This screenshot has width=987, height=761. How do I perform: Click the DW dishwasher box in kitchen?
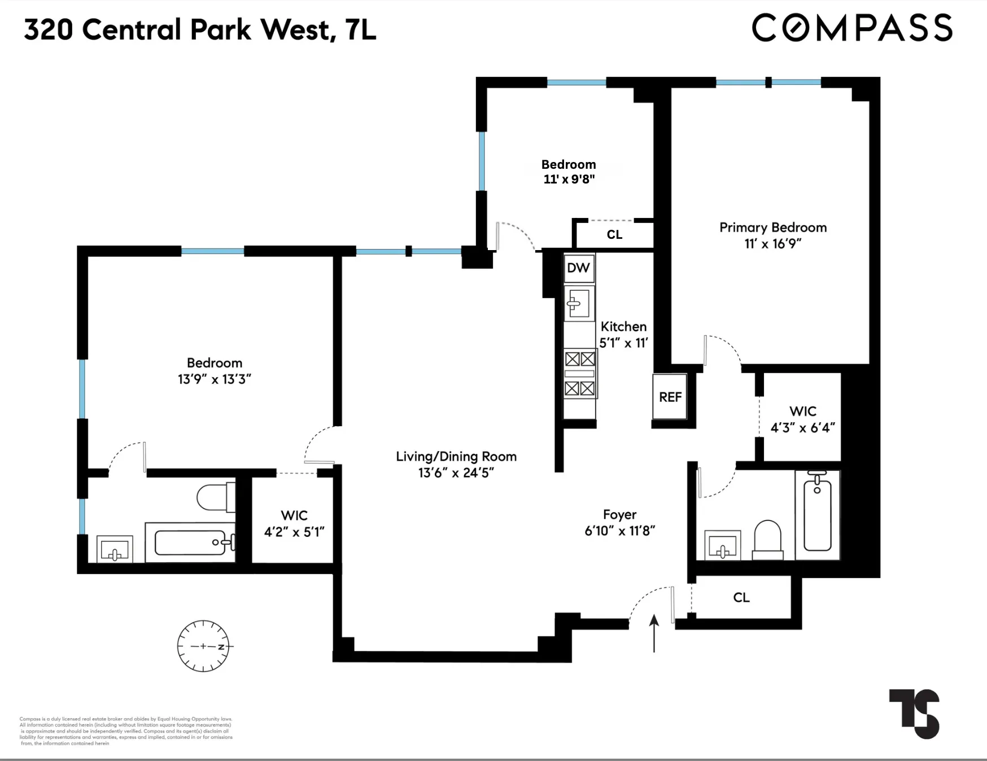[578, 268]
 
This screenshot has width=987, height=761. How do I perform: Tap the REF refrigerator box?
[670, 397]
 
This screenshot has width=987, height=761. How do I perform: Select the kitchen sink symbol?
[579, 304]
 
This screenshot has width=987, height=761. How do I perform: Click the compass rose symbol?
[203, 646]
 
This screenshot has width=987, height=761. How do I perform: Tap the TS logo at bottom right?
[915, 713]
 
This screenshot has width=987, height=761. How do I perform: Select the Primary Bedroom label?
[773, 228]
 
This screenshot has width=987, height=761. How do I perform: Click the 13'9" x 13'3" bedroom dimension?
[214, 379]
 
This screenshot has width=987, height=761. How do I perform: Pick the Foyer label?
[619, 514]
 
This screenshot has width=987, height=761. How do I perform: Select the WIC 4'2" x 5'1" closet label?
[294, 523]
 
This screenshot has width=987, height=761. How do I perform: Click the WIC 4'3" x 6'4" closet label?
[802, 419]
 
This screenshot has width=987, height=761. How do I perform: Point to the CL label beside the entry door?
[741, 597]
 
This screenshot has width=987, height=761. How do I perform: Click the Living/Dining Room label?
[456, 456]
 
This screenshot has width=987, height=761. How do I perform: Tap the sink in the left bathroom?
[115, 549]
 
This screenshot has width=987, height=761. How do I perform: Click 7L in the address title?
[360, 30]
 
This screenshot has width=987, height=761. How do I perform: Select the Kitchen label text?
[623, 326]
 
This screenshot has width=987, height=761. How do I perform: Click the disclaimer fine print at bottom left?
[125, 731]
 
